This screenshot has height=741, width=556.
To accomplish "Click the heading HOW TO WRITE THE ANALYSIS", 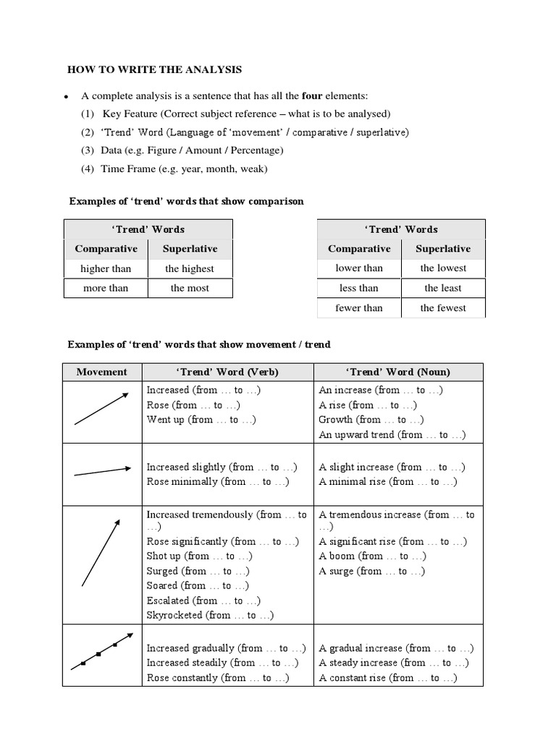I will click(x=155, y=70).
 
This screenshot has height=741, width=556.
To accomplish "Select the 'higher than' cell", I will click(x=106, y=268).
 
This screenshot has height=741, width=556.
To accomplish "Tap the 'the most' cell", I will click(x=190, y=288).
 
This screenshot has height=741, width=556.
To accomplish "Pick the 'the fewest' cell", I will click(x=443, y=308).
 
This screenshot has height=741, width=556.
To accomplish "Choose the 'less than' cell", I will click(x=358, y=288).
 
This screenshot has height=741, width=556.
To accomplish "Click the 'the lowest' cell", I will click(x=443, y=268).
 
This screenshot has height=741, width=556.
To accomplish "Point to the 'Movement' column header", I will click(x=101, y=372).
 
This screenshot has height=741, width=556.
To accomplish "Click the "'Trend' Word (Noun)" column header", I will click(x=397, y=372).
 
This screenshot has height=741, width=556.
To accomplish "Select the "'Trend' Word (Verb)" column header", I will click(x=227, y=372).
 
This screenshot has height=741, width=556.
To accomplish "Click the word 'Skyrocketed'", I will click(x=175, y=615).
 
